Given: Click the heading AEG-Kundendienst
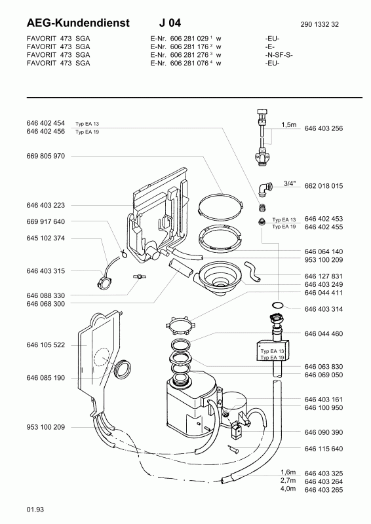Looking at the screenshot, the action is [x=78, y=23].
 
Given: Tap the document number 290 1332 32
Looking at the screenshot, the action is [x=319, y=24].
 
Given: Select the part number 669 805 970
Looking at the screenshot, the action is [x=45, y=156].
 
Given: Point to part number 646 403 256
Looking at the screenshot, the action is [x=324, y=128].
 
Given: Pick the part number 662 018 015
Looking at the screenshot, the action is [x=324, y=186].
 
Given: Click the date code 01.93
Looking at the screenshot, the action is [x=35, y=510].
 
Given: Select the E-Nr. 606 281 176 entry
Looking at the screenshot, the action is [x=185, y=47].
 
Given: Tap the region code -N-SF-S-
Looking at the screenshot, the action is [x=279, y=55].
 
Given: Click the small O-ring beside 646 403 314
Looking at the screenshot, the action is [x=278, y=305].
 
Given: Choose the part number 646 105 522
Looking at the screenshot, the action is [x=45, y=345].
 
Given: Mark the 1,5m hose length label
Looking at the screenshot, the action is [x=288, y=124].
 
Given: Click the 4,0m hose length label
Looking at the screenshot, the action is [x=288, y=489].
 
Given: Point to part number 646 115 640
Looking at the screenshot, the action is [x=324, y=449].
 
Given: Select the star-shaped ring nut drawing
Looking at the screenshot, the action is [x=180, y=325].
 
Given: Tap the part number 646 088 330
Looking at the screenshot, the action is [x=45, y=295].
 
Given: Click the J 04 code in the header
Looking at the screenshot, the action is [x=170, y=23].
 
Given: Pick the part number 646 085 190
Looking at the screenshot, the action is [x=45, y=378].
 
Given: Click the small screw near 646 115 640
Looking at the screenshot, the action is [x=233, y=449].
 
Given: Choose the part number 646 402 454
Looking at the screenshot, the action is [x=45, y=123].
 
